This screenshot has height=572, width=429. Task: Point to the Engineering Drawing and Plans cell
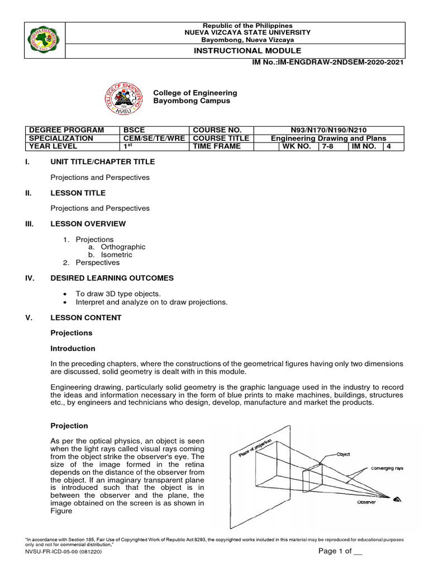pyautogui.click(x=328, y=138)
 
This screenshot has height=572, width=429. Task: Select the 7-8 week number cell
pyautogui.click(x=327, y=146)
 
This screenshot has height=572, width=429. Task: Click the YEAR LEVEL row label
pyautogui.click(x=53, y=146)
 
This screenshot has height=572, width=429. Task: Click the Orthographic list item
pyautogui.click(x=123, y=247)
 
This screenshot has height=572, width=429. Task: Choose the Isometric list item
pyautogui.click(x=116, y=255)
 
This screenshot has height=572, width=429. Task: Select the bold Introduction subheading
pyautogui.click(x=73, y=349)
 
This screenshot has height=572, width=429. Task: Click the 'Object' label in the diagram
pyautogui.click(x=342, y=454)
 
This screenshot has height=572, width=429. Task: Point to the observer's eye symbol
pyautogui.click(x=397, y=499)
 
